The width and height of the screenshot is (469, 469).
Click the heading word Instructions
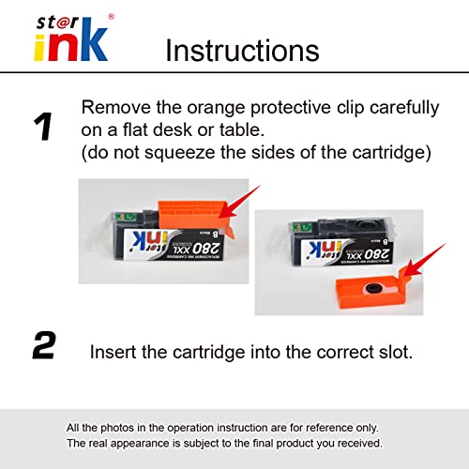coord(242,50)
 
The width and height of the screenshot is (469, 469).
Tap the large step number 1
coord(43,127)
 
